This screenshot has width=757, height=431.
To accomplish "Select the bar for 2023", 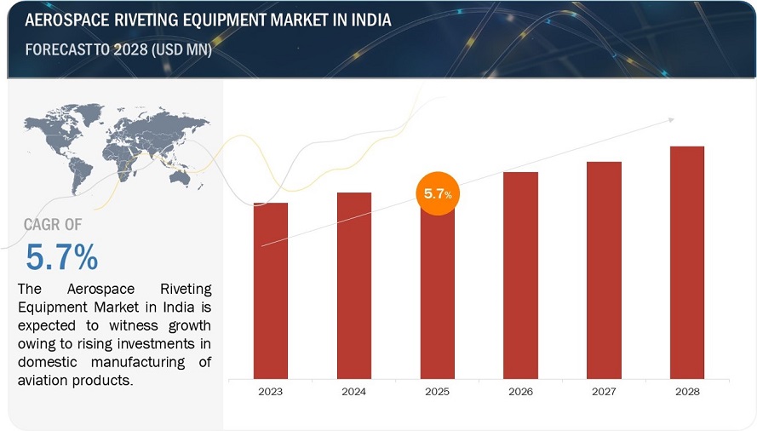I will [271, 290].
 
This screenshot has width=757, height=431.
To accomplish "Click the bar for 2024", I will [354, 284].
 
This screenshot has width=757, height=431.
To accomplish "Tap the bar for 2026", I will [520, 274].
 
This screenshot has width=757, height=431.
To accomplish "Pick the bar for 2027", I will [604, 269].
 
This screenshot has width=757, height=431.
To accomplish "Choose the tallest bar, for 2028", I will [687, 261].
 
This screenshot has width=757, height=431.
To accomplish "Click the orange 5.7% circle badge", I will [438, 193].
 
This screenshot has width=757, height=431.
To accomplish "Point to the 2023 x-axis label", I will [271, 392].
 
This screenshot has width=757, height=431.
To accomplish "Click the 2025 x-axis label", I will [438, 392].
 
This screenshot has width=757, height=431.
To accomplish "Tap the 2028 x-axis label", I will [687, 392].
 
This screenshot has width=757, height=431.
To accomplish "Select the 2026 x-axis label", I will [520, 392].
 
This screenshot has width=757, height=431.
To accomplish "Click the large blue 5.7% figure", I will [61, 256].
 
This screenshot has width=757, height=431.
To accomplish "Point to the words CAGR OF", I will [53, 225].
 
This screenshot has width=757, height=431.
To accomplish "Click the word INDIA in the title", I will [366, 20].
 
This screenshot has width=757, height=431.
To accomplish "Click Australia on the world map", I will [180, 177].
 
